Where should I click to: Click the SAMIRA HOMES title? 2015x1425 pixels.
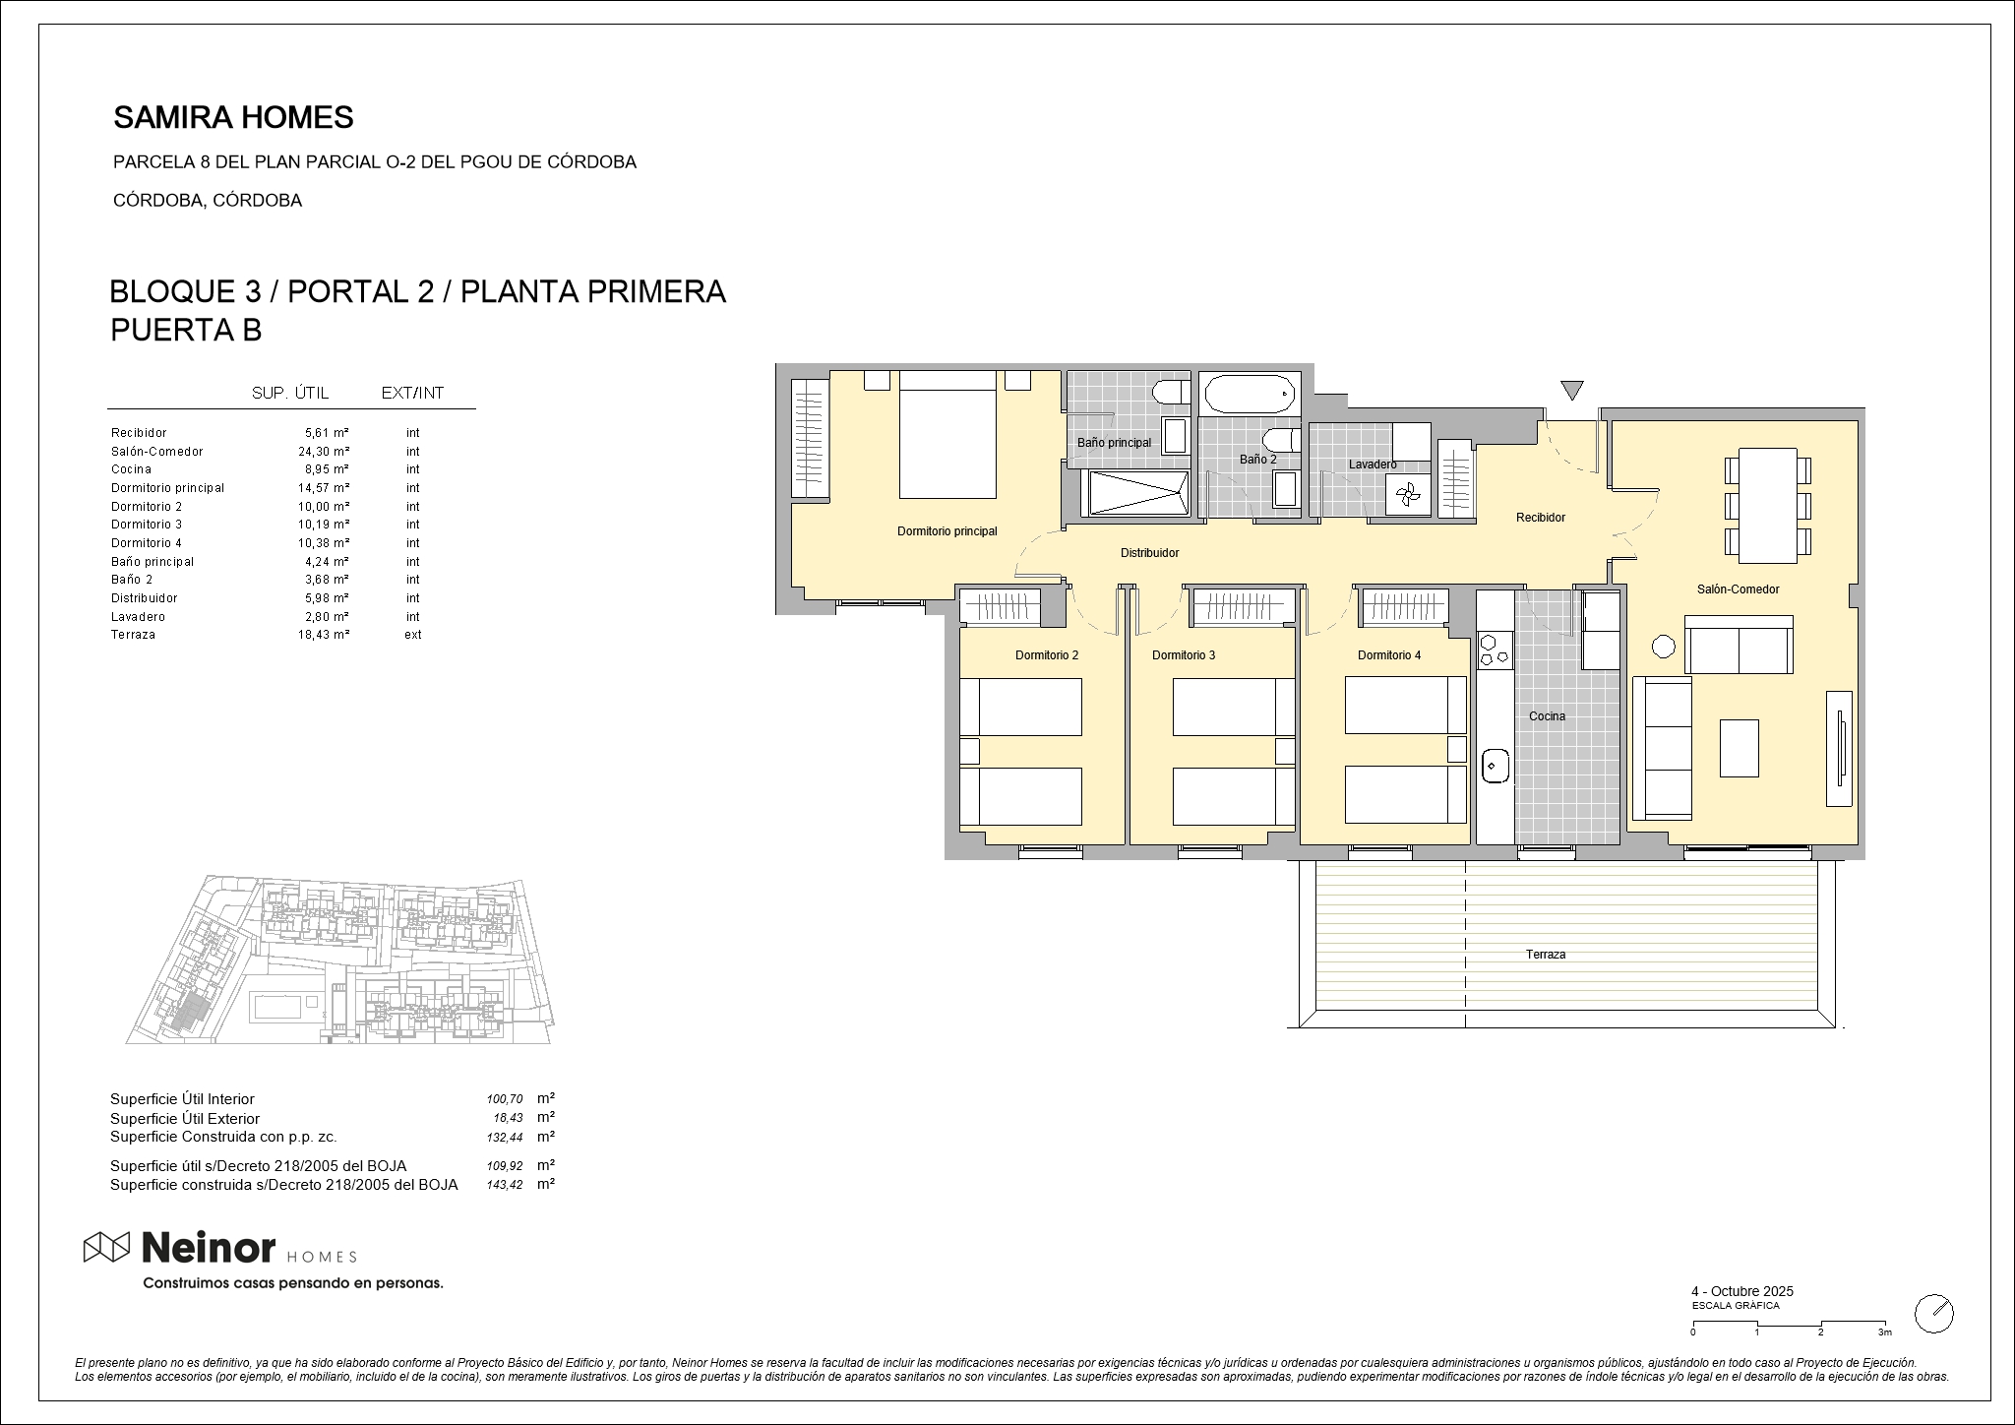tap(233, 118)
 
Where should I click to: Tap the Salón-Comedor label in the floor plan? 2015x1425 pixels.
tap(1738, 589)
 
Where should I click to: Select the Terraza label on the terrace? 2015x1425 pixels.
tap(1546, 955)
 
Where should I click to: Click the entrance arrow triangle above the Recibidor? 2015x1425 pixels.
tap(1572, 391)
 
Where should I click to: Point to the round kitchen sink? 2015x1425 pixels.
tap(1496, 764)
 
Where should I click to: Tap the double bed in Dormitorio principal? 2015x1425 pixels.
tap(947, 435)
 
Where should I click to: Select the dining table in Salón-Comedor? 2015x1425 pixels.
tap(1768, 506)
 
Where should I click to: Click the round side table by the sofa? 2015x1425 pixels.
tap(1663, 647)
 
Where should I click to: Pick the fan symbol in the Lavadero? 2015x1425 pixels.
tap(1407, 495)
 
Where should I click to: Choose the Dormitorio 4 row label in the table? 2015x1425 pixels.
tap(147, 543)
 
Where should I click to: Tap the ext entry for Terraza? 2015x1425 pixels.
tap(413, 635)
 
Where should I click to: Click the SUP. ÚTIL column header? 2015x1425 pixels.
tap(290, 394)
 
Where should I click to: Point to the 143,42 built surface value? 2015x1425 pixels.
tap(505, 1185)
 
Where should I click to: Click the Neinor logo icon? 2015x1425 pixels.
tap(106, 1247)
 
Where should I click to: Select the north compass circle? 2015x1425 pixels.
tap(1934, 1313)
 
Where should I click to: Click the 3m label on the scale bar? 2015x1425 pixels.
tap(1884, 1332)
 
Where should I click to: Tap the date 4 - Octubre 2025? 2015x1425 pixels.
tap(1742, 1291)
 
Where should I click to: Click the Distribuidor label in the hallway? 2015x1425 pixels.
tap(1149, 553)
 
